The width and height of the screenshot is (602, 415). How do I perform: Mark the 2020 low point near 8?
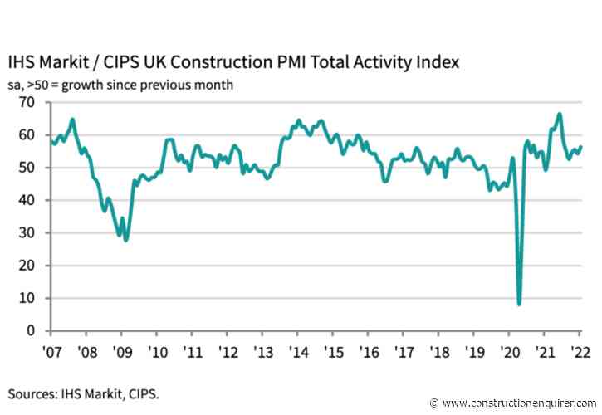tap(519, 304)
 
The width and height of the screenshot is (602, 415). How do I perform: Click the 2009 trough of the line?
tap(125, 240)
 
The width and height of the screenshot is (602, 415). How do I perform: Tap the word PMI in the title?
tap(291, 62)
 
